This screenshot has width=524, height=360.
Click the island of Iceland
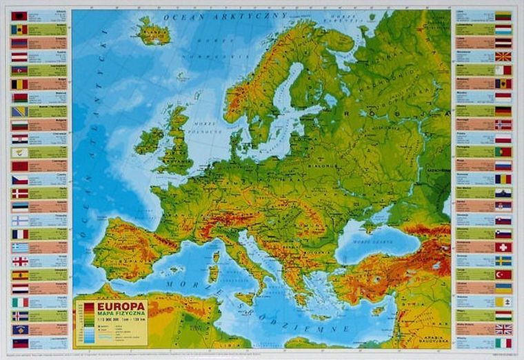(x=153, y=32)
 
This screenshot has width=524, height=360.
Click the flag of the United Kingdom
(x=503, y=329)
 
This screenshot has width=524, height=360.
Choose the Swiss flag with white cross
(x=503, y=247)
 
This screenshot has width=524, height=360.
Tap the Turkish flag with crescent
(x=503, y=274)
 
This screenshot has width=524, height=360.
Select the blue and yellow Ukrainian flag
(x=503, y=288)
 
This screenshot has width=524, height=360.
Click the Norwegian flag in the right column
(x=503, y=125)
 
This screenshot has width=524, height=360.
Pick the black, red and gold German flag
(x=503, y=111)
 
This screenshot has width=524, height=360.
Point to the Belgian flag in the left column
(x=19, y=84)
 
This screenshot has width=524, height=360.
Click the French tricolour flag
(x=19, y=234)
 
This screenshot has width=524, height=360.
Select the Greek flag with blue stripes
(x=19, y=248)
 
